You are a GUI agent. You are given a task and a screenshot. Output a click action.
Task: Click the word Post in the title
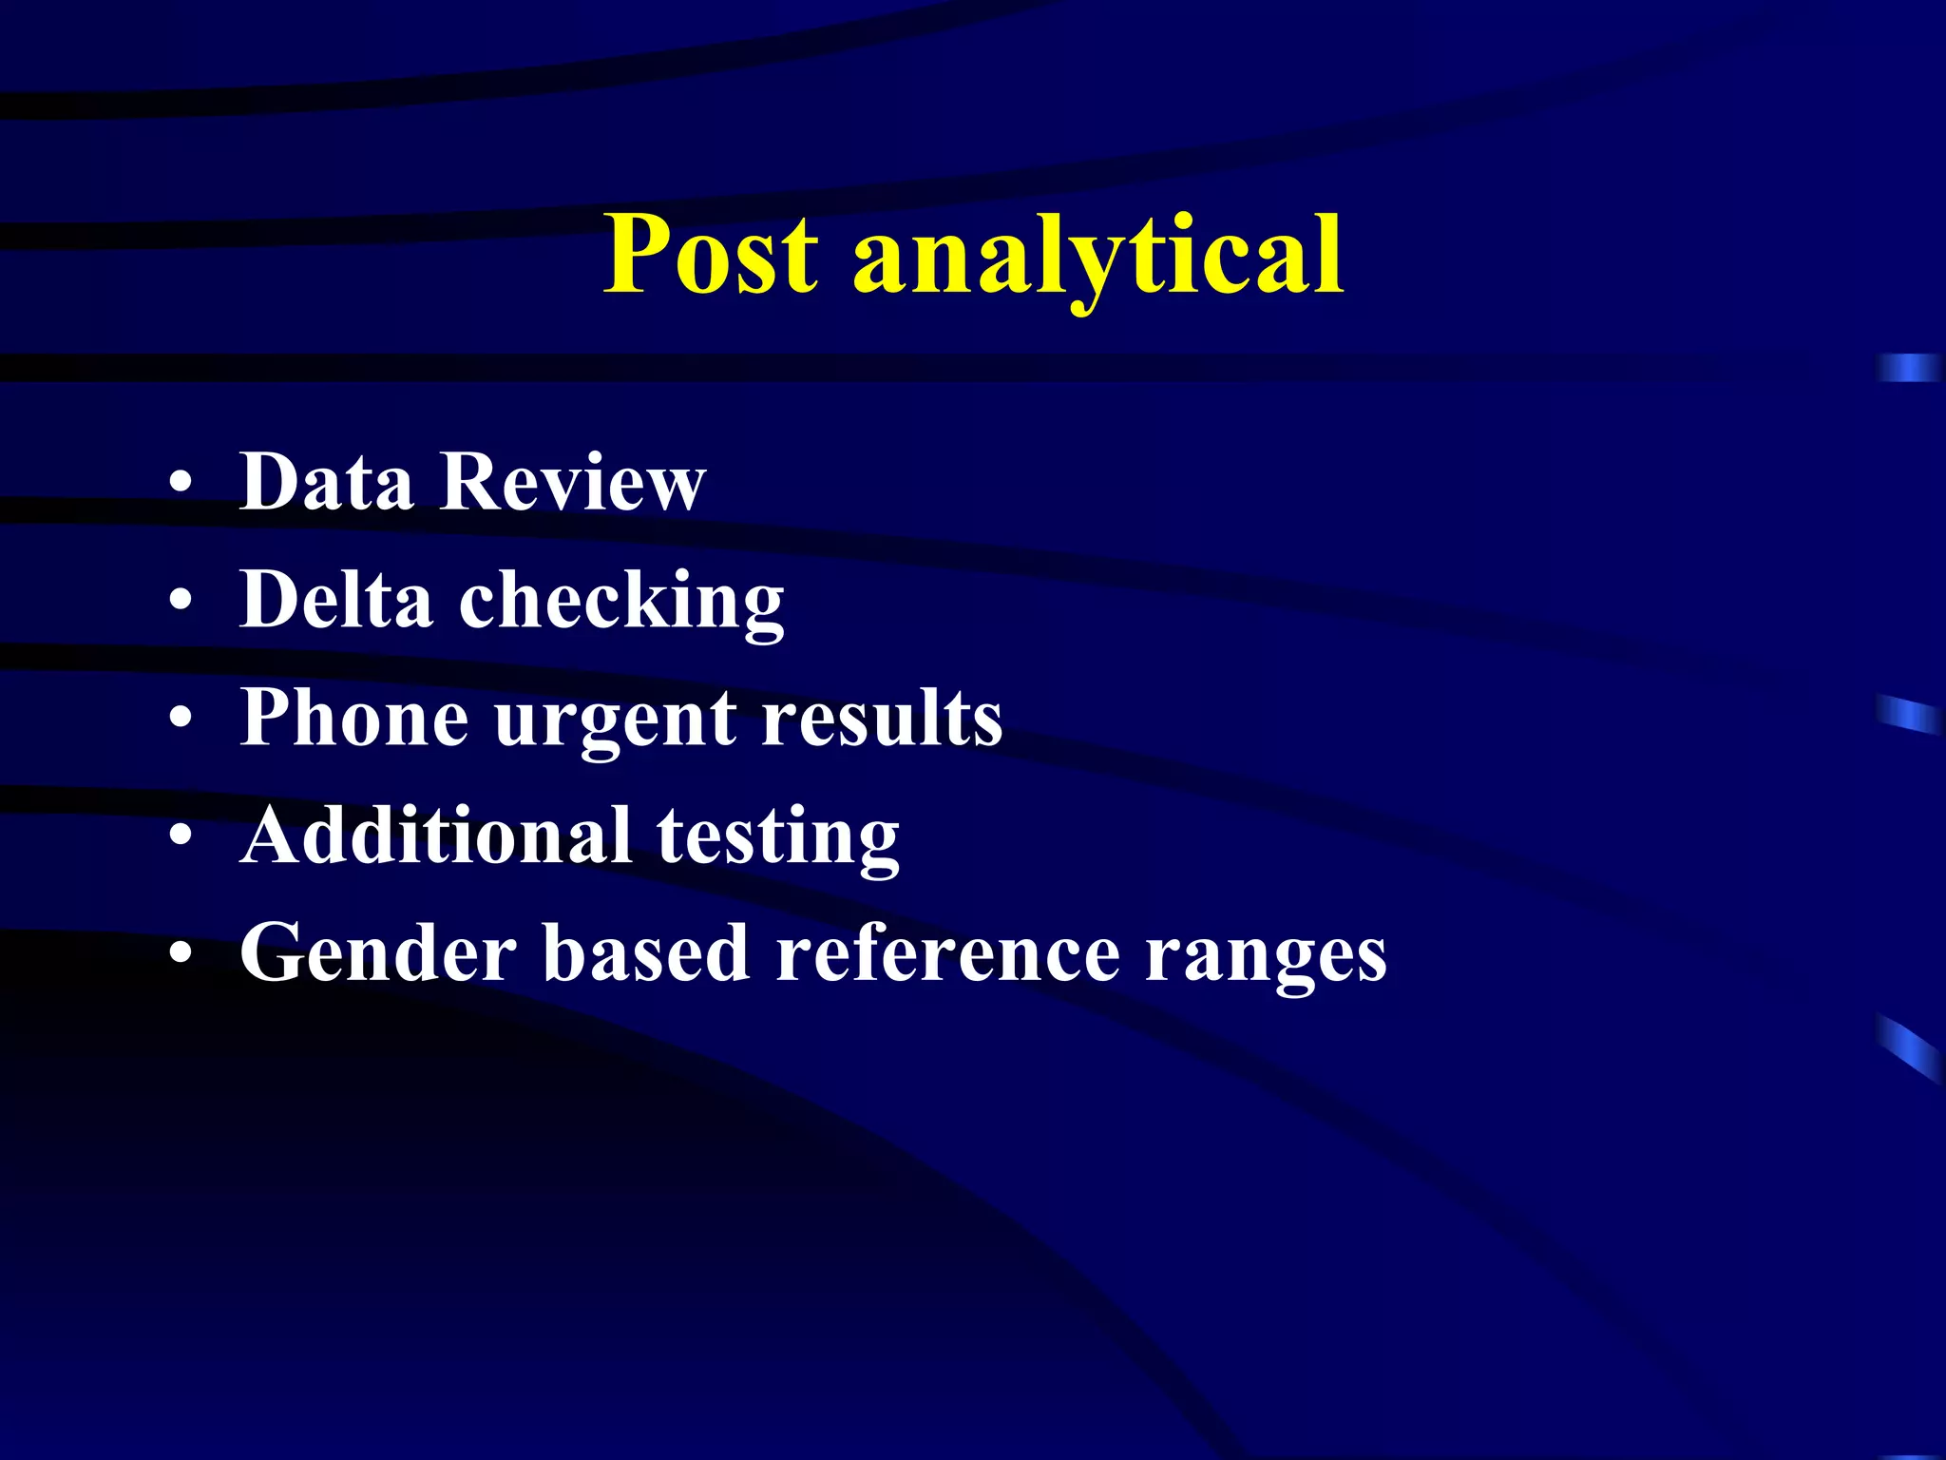click(711, 254)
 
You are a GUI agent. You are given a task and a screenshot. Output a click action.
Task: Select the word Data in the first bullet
click(327, 482)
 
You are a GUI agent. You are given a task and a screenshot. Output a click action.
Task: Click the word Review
click(573, 482)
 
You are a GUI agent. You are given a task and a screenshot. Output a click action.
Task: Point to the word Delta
click(336, 600)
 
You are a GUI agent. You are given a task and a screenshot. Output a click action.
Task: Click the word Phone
click(354, 718)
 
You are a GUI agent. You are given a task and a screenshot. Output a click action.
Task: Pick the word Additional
click(436, 836)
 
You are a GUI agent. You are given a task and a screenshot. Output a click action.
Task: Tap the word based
click(646, 953)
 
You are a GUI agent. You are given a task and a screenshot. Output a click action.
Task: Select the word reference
click(947, 953)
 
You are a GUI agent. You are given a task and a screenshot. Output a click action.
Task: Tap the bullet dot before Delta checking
click(181, 602)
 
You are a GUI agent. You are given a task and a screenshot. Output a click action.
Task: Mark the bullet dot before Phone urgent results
click(181, 720)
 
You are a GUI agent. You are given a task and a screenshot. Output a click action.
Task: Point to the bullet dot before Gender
click(181, 954)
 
